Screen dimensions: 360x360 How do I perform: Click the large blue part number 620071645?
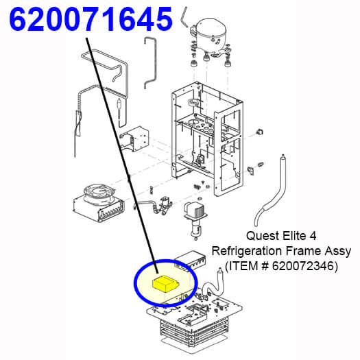coord(91,19)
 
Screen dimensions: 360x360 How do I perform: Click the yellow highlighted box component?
coord(166,285)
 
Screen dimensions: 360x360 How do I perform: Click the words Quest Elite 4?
coord(281,236)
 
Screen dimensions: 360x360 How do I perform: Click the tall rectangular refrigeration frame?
coord(207,139)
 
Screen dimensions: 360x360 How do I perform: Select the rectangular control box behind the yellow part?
coord(191,259)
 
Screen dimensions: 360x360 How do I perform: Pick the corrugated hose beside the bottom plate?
coord(212,285)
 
